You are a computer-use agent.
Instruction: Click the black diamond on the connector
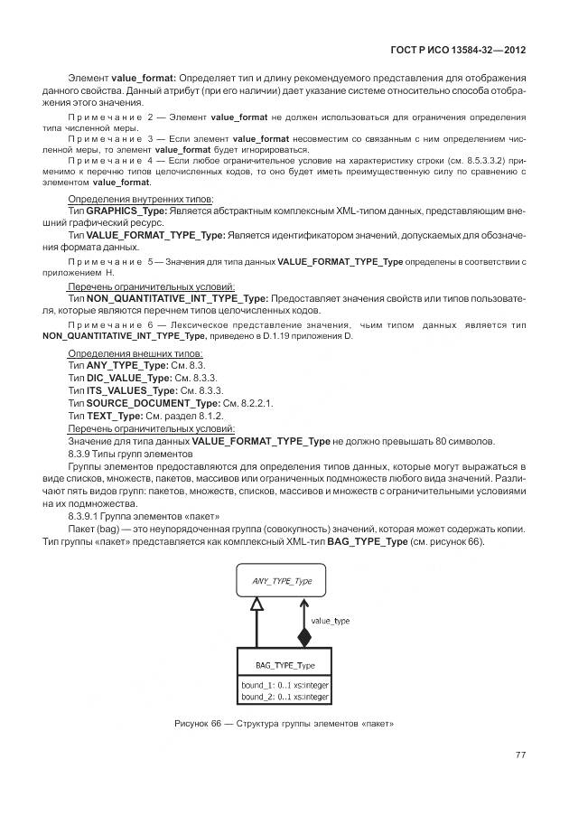(303, 636)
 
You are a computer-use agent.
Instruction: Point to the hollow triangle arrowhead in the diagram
(257, 613)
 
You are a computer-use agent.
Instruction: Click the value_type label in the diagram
(330, 621)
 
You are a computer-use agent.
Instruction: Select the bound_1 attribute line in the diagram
(284, 685)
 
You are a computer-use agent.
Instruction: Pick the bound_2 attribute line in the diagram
(284, 697)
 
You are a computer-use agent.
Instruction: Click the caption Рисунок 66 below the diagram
(284, 725)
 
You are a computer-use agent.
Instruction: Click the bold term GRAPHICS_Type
(125, 210)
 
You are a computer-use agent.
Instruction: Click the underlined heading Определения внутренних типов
(140, 198)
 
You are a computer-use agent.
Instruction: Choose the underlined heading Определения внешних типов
(135, 351)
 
